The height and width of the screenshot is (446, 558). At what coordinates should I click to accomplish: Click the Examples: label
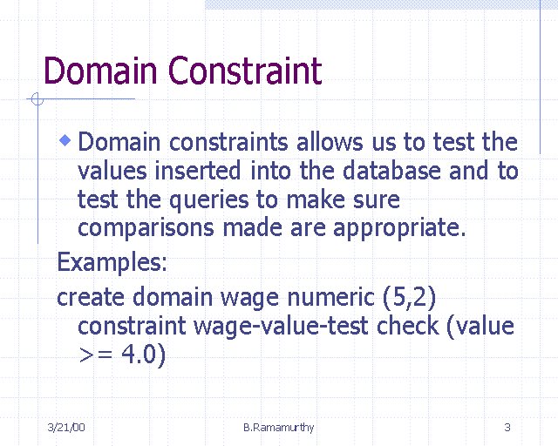pyautogui.click(x=112, y=261)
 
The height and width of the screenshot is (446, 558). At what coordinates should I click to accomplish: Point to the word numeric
pyautogui.click(x=328, y=297)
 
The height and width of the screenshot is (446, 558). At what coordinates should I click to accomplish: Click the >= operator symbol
pyautogui.click(x=96, y=356)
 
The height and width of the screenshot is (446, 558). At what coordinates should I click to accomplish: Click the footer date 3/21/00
pyautogui.click(x=66, y=427)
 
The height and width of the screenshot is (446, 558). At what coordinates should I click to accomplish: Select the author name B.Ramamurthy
pyautogui.click(x=279, y=427)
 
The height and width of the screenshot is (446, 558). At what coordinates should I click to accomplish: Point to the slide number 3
pyautogui.click(x=507, y=427)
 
